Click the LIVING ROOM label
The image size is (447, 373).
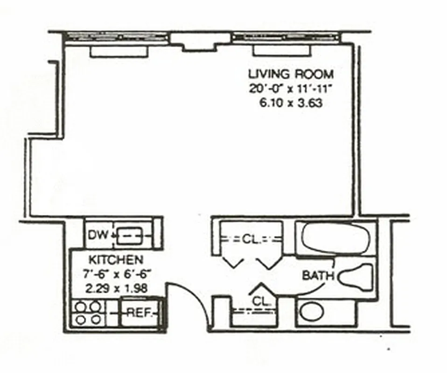point(291,74)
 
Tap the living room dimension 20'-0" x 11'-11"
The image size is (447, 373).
point(291,89)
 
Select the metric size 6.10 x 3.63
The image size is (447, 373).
point(291,103)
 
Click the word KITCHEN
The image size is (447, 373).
point(116,259)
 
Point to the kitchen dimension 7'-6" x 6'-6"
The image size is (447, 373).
point(117,274)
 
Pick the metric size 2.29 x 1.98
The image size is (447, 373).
point(117,288)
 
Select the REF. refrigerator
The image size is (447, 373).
point(139,313)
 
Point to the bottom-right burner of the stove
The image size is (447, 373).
point(96,320)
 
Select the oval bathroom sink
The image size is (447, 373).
point(311,312)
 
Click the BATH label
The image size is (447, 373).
point(318,275)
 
